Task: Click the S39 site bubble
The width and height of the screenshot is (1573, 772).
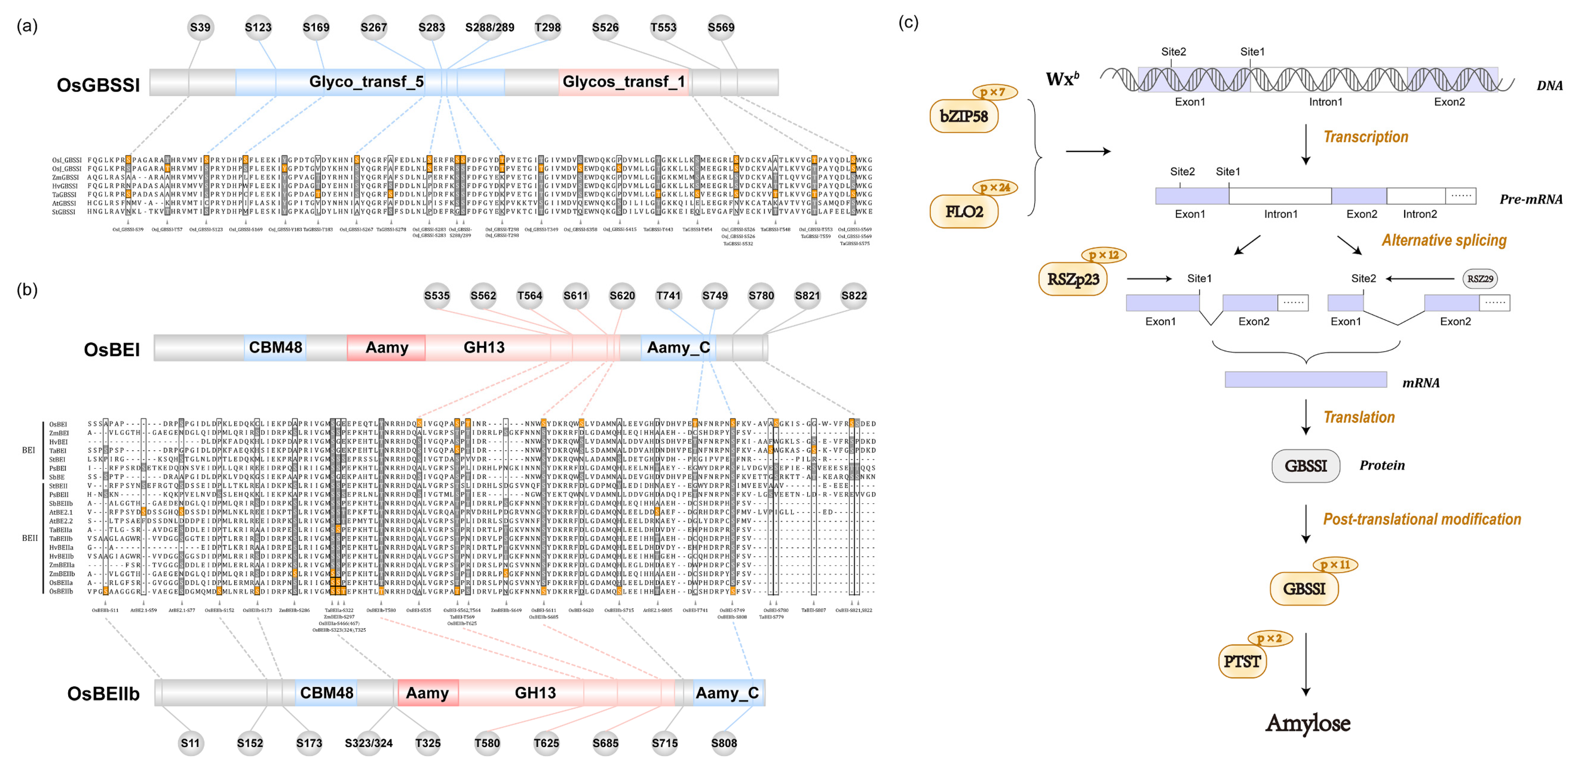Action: pos(200,28)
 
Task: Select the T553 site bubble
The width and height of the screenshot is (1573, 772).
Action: pos(663,28)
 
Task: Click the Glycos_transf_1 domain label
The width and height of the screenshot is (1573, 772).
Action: pos(623,82)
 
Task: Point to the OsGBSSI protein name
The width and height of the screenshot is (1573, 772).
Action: pos(98,85)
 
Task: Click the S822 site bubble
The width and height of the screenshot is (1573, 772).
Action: pos(854,296)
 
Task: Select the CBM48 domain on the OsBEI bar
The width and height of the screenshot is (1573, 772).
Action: pos(275,348)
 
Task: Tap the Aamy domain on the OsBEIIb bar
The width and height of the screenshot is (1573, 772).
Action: pos(428,693)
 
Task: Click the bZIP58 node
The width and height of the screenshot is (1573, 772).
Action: pos(963,116)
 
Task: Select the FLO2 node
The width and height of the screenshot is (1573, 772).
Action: pos(963,212)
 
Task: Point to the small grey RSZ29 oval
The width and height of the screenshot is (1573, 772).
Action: pos(1480,279)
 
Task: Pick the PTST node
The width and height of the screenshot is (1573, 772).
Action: pos(1242,662)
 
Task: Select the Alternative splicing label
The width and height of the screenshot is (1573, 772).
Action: pos(1444,241)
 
